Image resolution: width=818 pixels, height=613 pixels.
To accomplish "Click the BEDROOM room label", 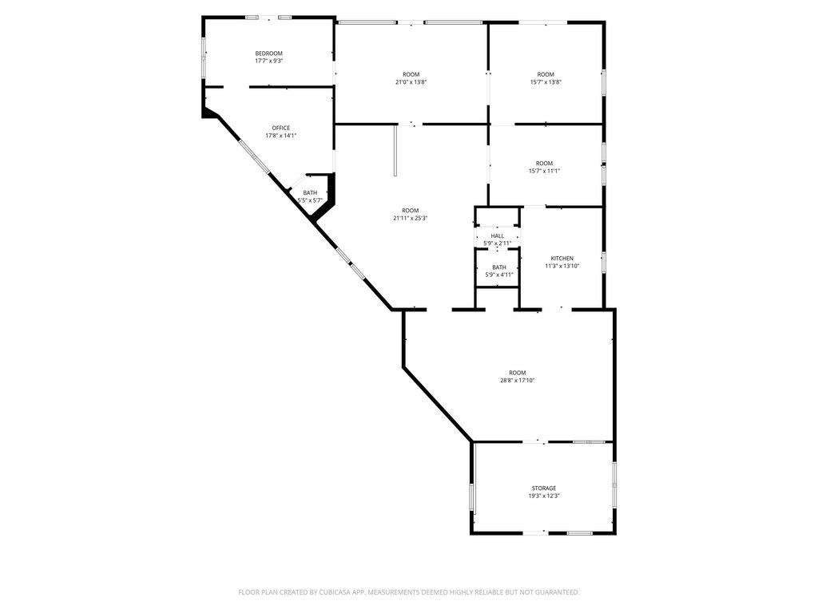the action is click(268, 53).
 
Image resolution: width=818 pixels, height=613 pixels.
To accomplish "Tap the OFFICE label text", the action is click(280, 129).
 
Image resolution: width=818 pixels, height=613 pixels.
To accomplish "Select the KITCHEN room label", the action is click(562, 259).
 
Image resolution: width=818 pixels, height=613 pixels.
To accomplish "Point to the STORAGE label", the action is click(544, 488).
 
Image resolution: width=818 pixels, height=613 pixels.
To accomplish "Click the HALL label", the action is click(497, 236).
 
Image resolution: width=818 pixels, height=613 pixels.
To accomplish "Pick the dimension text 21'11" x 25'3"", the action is click(411, 219).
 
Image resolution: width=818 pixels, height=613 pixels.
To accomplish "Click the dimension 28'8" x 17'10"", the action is click(518, 381).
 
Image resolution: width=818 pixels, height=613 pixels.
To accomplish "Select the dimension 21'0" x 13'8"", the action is click(411, 82).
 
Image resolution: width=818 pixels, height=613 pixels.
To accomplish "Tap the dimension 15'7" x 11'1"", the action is click(544, 171).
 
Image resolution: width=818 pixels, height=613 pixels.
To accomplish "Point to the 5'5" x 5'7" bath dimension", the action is click(310, 200).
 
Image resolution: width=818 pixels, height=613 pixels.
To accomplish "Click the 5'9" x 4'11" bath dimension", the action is click(499, 275).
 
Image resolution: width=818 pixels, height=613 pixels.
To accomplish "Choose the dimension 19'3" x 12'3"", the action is click(544, 496).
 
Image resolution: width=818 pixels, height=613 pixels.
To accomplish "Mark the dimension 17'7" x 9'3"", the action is click(268, 61).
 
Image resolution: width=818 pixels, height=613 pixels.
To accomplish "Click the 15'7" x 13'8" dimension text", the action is click(546, 82).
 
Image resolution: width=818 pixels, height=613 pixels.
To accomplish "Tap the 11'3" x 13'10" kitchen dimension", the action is click(562, 266).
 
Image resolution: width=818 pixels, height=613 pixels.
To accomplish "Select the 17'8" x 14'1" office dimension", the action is click(280, 136).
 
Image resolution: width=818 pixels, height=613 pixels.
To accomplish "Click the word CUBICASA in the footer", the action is click(347, 592).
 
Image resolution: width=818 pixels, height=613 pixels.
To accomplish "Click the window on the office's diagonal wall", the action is click(255, 157).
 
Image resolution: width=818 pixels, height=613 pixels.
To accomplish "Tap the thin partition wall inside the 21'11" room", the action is click(395, 151).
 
